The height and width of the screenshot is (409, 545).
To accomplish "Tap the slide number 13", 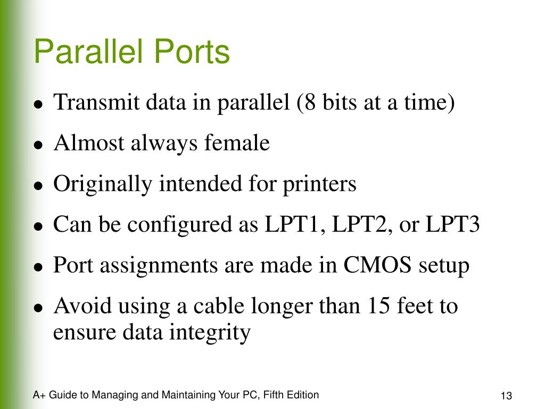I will (506, 396).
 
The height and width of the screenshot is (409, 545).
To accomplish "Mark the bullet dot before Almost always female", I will (38, 145).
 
